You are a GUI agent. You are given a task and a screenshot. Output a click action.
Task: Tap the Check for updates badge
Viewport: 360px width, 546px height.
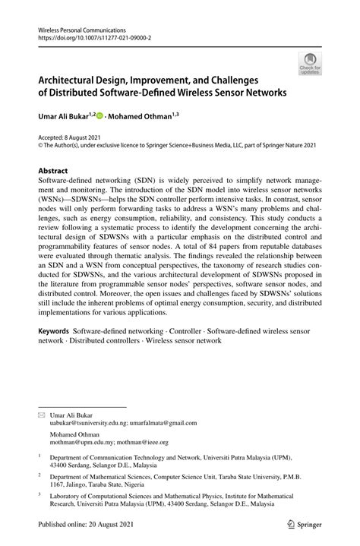[x=310, y=64]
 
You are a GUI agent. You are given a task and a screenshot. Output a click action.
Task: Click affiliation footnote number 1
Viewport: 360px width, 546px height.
[x=39, y=458]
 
